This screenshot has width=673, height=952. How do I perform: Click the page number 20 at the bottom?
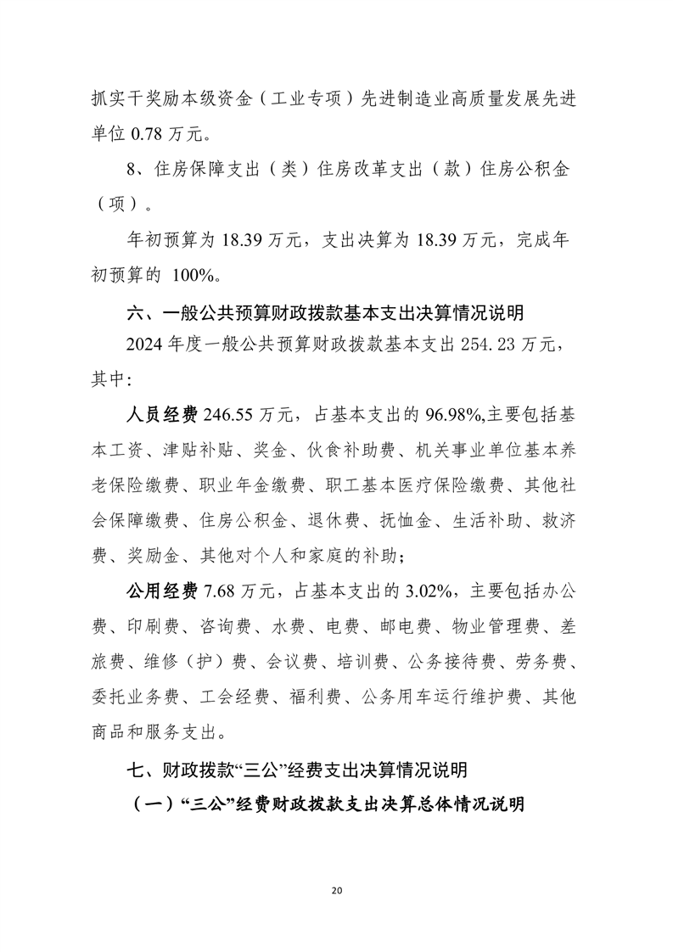[337, 890]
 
